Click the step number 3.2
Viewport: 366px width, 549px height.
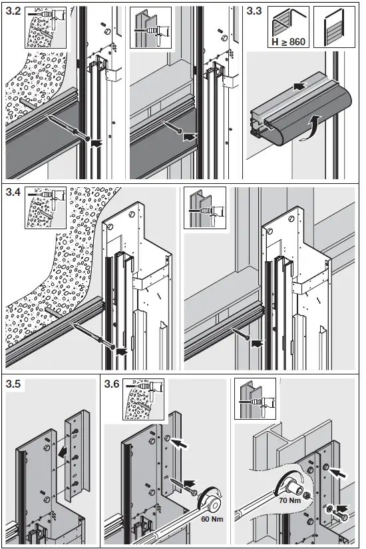(13, 12)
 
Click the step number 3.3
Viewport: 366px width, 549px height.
(255, 12)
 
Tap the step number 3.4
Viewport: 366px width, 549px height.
(13, 193)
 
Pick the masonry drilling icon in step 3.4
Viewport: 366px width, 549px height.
(44, 208)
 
